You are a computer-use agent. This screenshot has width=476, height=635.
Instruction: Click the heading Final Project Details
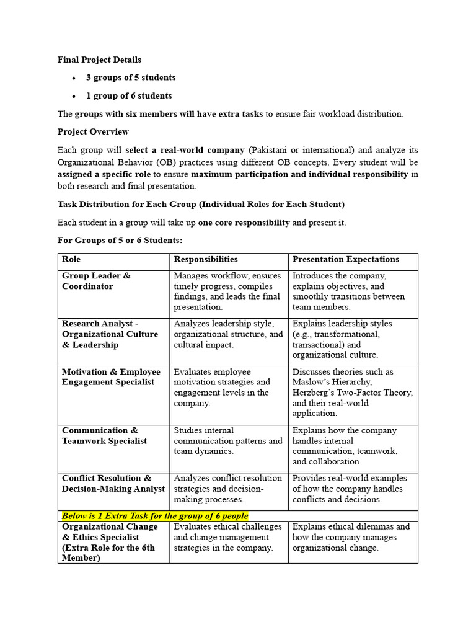tap(99, 60)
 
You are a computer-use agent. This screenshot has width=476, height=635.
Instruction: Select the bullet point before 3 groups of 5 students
tap(73, 78)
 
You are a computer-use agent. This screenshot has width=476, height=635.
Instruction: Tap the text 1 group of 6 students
tap(129, 96)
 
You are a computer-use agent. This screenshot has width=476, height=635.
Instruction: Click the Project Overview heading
tap(93, 132)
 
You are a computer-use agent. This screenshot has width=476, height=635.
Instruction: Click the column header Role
tap(71, 260)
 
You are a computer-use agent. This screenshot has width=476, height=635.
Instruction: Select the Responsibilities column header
tap(206, 260)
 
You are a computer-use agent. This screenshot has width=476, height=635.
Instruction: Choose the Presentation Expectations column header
tap(345, 260)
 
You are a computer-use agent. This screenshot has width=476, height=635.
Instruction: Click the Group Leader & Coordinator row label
tap(96, 281)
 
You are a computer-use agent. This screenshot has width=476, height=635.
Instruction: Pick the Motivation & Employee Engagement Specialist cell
tap(111, 377)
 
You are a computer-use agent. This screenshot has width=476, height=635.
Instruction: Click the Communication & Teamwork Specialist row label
tap(104, 435)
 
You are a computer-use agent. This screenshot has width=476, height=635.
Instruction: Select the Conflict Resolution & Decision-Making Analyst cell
tap(113, 483)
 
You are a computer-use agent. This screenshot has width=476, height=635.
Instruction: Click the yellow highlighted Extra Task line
tap(155, 516)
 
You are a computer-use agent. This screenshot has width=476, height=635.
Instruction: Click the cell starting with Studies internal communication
tap(228, 441)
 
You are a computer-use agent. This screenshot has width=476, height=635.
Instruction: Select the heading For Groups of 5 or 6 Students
tap(120, 241)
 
